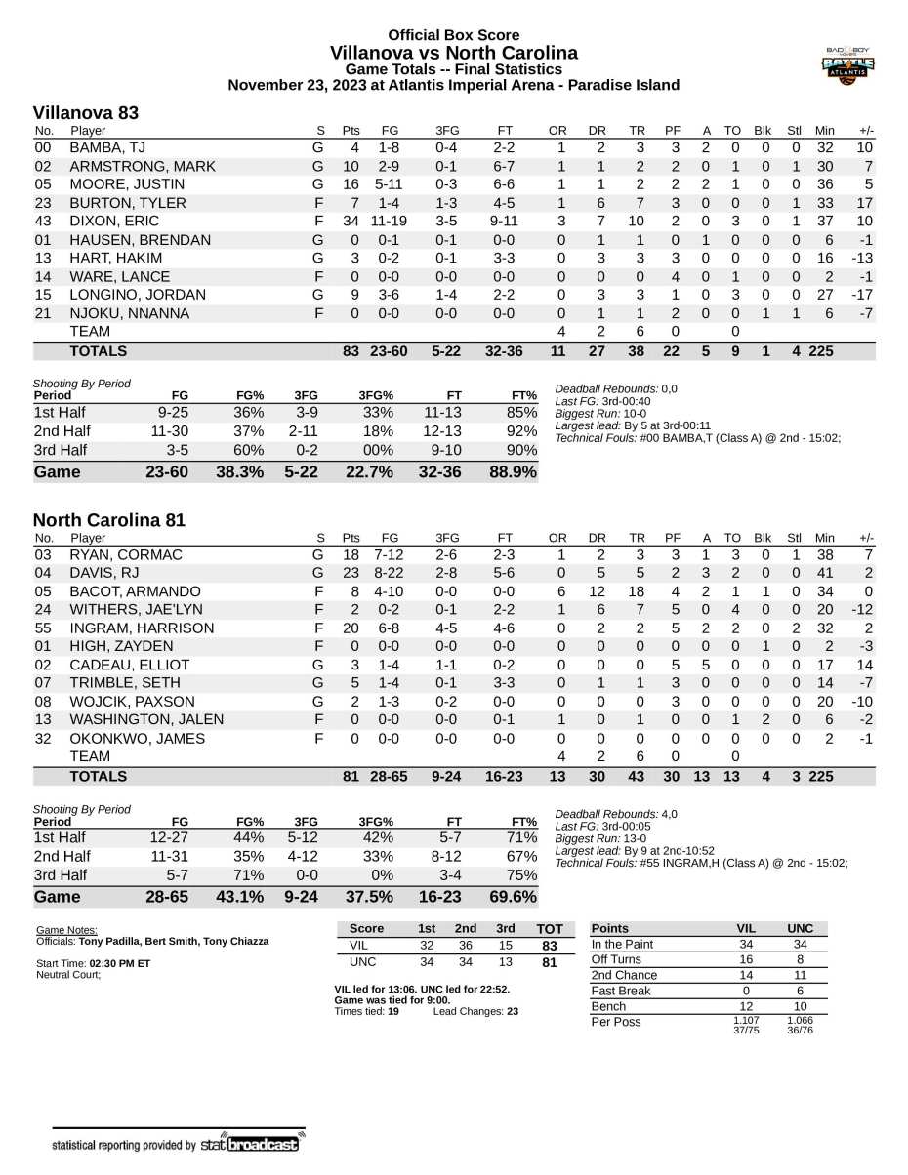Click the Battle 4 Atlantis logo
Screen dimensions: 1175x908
click(x=847, y=66)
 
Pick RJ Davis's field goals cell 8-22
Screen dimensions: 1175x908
click(x=391, y=573)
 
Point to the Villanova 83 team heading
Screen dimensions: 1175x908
click(x=86, y=113)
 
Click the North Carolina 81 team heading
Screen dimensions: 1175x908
click(x=108, y=521)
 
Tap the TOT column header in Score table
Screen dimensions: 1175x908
click(x=551, y=928)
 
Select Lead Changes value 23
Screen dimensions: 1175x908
click(x=508, y=1012)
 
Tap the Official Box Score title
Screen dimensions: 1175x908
click(x=453, y=35)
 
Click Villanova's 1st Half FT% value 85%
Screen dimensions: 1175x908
click(x=523, y=412)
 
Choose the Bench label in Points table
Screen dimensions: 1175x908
click(x=610, y=1005)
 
